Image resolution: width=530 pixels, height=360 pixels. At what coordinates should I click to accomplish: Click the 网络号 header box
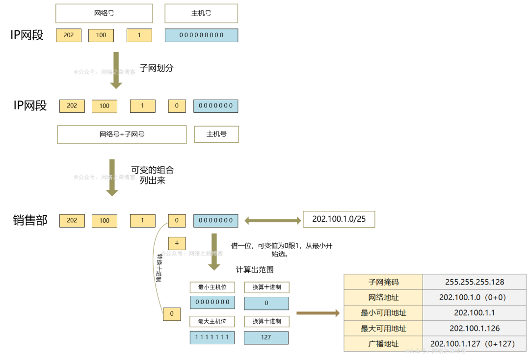[x=104, y=13]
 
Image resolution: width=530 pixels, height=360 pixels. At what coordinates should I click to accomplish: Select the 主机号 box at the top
[x=201, y=13]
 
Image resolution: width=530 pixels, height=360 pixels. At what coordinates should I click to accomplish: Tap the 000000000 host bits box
[x=201, y=35]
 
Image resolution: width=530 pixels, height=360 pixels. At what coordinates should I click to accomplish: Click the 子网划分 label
[x=157, y=68]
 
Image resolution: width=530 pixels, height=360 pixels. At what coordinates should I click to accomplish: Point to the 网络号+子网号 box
[x=122, y=134]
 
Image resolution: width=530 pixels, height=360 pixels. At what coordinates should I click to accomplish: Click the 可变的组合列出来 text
[x=152, y=175]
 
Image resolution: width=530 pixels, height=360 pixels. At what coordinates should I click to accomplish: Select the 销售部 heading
[x=30, y=220]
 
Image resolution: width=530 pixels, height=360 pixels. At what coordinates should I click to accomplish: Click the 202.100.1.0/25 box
[x=339, y=219]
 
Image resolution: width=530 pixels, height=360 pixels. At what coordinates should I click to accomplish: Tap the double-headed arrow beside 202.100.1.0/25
[x=272, y=221]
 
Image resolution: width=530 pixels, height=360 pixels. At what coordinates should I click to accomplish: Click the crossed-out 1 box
[x=177, y=243]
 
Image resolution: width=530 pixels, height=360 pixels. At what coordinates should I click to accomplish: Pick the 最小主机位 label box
[x=212, y=287]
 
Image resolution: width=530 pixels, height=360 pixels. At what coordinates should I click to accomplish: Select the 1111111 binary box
[x=212, y=337]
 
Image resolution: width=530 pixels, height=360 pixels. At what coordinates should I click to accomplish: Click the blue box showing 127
[x=266, y=337]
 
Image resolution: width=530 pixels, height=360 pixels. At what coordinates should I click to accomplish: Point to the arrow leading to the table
[x=318, y=313]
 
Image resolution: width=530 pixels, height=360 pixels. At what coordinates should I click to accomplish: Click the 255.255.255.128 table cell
[x=474, y=282]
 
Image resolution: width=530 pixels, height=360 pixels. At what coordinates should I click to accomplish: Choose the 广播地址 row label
[x=383, y=343]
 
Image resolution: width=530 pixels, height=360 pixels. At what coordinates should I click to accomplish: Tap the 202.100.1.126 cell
[x=474, y=328]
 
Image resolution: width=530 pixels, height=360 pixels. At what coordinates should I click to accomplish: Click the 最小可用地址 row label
[x=383, y=313]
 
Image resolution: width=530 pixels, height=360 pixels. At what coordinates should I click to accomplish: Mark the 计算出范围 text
[x=255, y=270]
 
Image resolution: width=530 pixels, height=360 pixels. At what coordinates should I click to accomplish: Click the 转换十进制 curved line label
[x=159, y=267]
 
